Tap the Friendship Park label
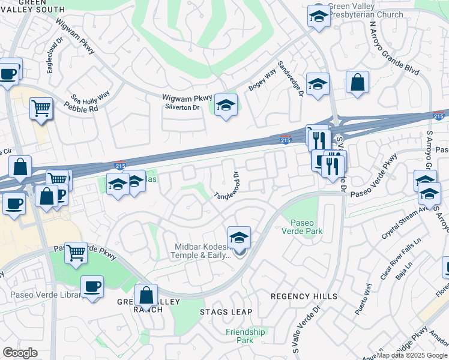coord(246,335)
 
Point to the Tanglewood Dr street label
coord(228,187)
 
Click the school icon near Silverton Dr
coord(226,105)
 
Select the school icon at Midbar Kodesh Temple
coord(239,238)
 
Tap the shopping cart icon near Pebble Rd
coord(41,109)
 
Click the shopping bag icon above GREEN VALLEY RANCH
coord(146,295)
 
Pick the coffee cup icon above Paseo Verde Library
coord(91,287)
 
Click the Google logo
coord(20,353)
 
